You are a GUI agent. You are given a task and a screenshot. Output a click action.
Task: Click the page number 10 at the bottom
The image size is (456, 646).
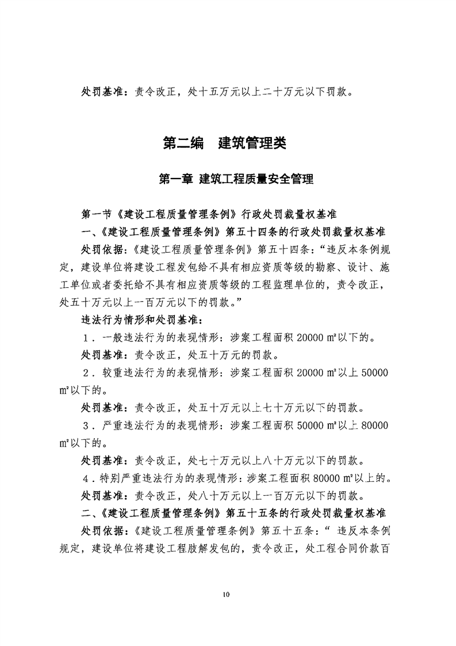click(x=228, y=594)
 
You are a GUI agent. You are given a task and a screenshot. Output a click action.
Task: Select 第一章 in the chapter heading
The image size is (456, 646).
click(x=175, y=180)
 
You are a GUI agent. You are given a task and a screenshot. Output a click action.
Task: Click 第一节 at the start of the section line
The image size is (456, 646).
click(x=95, y=216)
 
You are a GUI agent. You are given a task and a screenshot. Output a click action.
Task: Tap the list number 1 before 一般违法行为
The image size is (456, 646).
click(x=87, y=339)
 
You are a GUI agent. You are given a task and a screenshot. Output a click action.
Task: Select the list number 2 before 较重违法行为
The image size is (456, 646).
click(x=87, y=373)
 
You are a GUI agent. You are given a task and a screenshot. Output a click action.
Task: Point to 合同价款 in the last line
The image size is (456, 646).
click(x=353, y=548)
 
